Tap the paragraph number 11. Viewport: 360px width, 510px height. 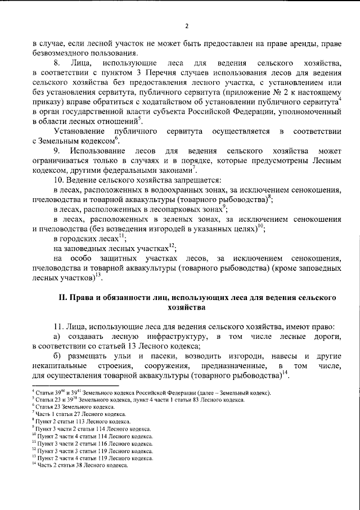point(57,326)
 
